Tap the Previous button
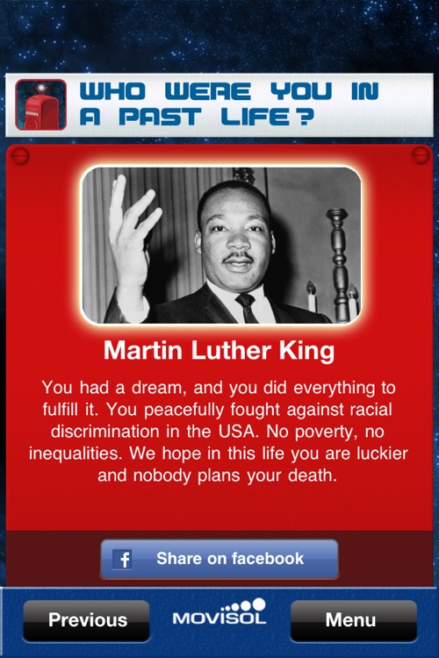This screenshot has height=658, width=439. [87, 620]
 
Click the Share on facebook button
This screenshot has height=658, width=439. [219, 559]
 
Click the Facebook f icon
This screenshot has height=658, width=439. [122, 560]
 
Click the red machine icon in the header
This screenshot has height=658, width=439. [40, 105]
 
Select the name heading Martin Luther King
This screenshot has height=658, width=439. [219, 352]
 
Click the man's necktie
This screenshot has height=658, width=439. [246, 306]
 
